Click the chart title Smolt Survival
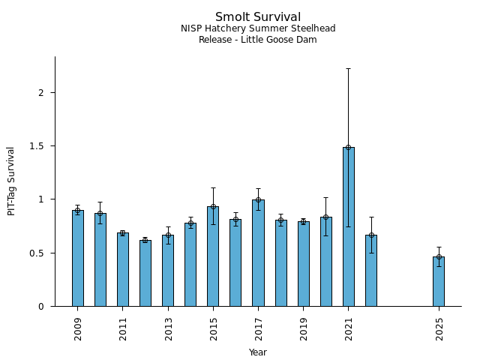(257, 17)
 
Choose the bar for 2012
(145, 273)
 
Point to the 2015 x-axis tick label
(214, 328)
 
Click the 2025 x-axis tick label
(439, 328)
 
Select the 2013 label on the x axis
(169, 328)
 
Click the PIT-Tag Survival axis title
(11, 181)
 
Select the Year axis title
(258, 352)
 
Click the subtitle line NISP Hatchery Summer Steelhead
(257, 28)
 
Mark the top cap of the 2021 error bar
(348, 68)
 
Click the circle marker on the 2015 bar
(213, 206)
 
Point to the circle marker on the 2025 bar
(439, 256)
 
